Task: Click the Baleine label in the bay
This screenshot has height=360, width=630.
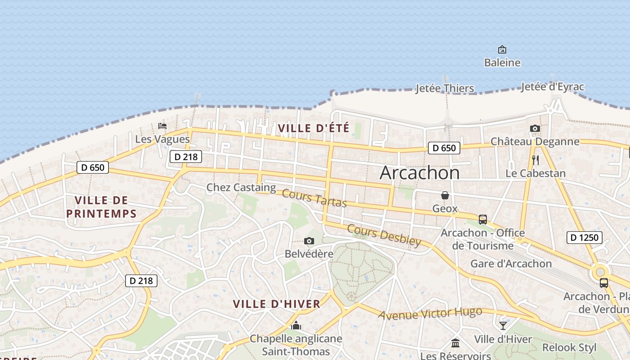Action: pyautogui.click(x=502, y=63)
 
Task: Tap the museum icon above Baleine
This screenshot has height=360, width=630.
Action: pyautogui.click(x=502, y=49)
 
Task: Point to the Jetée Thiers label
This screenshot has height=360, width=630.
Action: pyautogui.click(x=444, y=88)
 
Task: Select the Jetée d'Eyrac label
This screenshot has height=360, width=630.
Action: pyautogui.click(x=553, y=87)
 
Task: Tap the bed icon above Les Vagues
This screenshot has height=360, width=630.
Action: pyautogui.click(x=162, y=126)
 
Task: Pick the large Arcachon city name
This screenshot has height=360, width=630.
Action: pyautogui.click(x=419, y=173)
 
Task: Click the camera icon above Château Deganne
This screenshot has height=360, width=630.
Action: pyautogui.click(x=535, y=129)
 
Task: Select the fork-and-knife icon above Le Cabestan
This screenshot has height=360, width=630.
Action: pyautogui.click(x=535, y=160)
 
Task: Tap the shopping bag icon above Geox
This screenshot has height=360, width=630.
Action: pyautogui.click(x=445, y=195)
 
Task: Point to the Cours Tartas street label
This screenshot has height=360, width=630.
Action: pyautogui.click(x=315, y=198)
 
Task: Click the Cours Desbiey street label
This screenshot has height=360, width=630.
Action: pyautogui.click(x=384, y=235)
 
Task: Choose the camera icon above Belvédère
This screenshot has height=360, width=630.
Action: pyautogui.click(x=309, y=241)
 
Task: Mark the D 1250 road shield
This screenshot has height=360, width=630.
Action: pyautogui.click(x=584, y=237)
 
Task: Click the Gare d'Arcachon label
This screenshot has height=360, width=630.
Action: pyautogui.click(x=511, y=263)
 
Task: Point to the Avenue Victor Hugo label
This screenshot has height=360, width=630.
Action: pyautogui.click(x=430, y=313)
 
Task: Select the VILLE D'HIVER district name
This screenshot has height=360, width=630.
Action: pyautogui.click(x=277, y=304)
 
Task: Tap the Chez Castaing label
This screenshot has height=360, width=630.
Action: pyautogui.click(x=241, y=187)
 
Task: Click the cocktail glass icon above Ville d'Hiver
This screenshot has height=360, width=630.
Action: pyautogui.click(x=503, y=325)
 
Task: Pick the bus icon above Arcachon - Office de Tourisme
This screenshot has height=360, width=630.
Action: pyautogui.click(x=482, y=220)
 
